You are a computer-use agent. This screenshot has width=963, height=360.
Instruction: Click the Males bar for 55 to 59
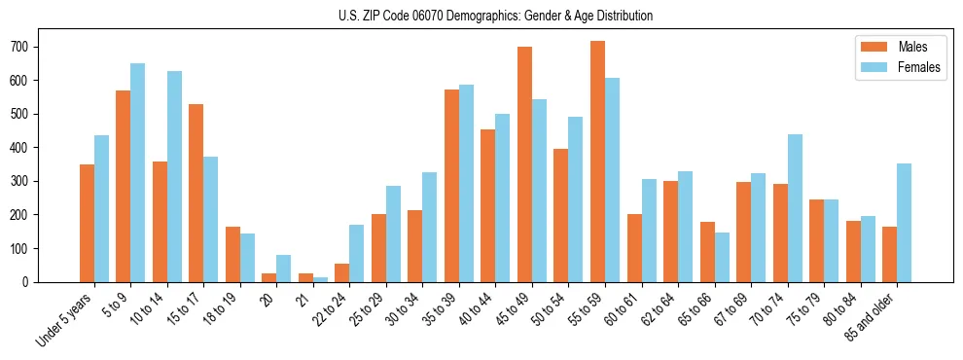pyautogui.click(x=597, y=162)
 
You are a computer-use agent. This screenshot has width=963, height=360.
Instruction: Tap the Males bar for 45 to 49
pyautogui.click(x=524, y=164)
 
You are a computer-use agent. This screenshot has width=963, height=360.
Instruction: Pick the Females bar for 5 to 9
pyautogui.click(x=138, y=172)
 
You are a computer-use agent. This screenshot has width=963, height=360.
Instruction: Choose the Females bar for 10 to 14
pyautogui.click(x=174, y=176)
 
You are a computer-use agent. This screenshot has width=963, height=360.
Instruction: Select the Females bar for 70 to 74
pyautogui.click(x=795, y=208)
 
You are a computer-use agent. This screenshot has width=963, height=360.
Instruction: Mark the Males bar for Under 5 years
pyautogui.click(x=87, y=223)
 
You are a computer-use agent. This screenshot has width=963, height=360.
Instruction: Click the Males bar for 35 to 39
pyautogui.click(x=451, y=186)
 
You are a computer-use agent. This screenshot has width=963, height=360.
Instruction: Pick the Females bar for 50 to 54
pyautogui.click(x=576, y=199)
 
